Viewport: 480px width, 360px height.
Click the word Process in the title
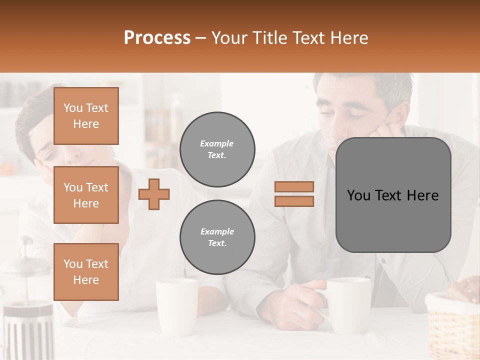[x=157, y=38]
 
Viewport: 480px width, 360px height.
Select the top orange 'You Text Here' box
[x=86, y=116]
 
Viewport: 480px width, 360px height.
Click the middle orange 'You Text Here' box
[x=86, y=195]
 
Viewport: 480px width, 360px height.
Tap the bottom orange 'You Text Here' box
[x=86, y=271]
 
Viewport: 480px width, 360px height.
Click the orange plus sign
[x=154, y=194]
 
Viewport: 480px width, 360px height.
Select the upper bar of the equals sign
[x=294, y=186]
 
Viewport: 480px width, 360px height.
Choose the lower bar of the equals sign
[x=294, y=201]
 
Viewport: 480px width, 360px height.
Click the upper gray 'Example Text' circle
[x=217, y=149]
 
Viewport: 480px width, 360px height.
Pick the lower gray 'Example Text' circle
[x=217, y=237]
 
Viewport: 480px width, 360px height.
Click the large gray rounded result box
[x=393, y=195]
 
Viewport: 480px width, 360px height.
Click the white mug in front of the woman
[x=177, y=306]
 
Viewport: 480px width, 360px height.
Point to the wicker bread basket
[x=452, y=320]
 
